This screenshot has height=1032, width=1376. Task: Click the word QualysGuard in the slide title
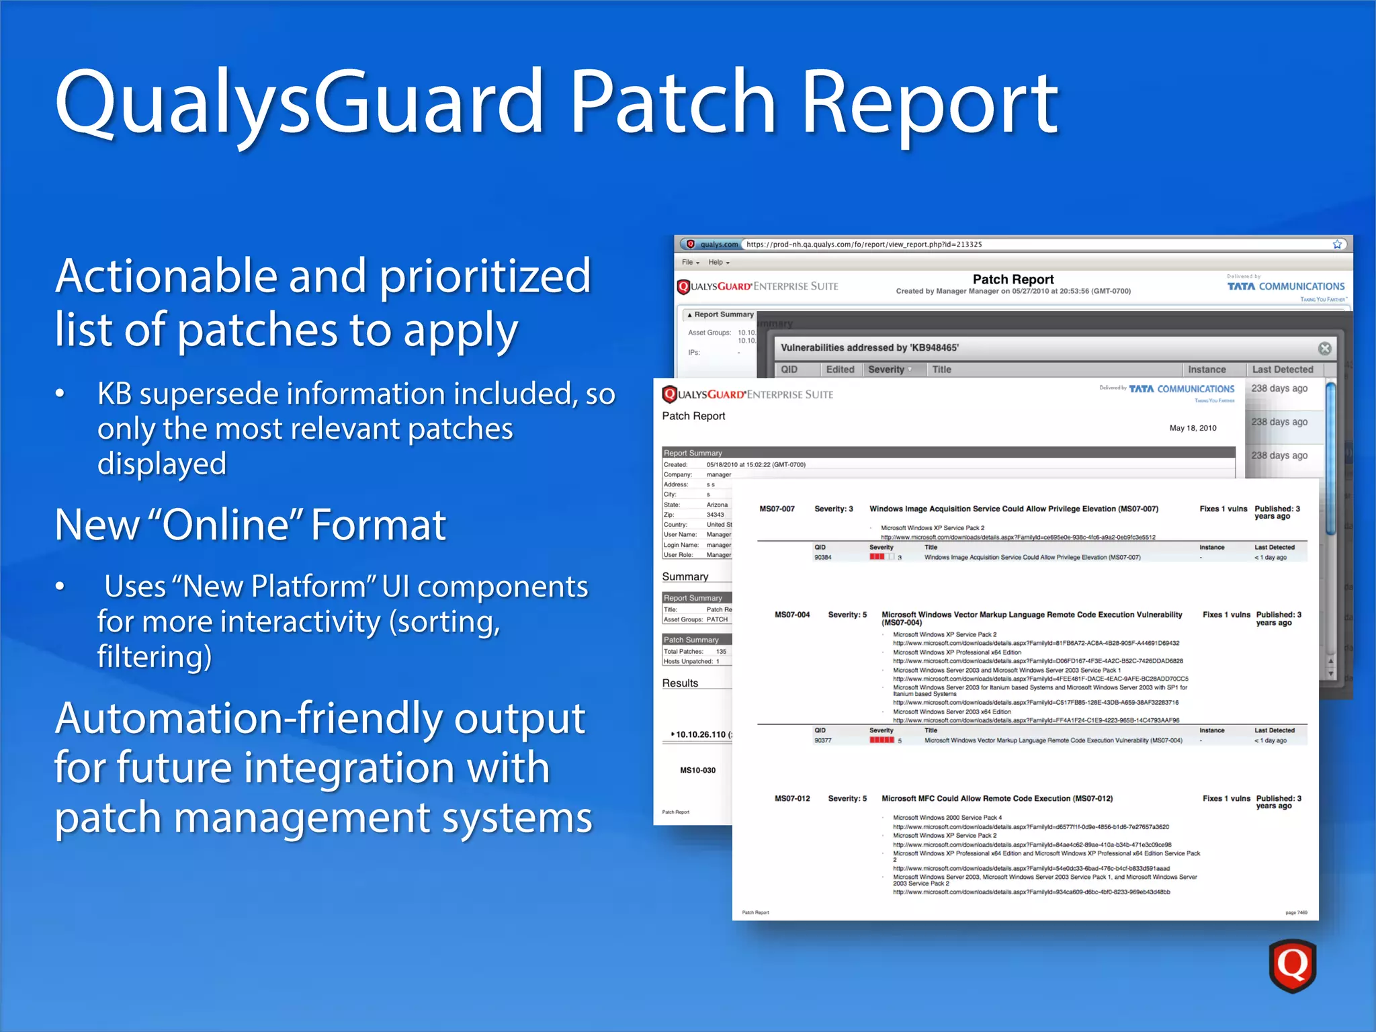click(299, 102)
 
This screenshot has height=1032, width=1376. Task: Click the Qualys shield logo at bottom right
click(1291, 965)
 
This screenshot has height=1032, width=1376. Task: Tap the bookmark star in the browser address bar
click(1337, 245)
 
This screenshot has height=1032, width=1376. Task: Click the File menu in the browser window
click(689, 263)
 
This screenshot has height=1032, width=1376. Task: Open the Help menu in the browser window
click(718, 263)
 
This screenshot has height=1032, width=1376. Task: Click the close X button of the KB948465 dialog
click(1324, 348)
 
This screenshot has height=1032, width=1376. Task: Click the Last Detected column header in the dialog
click(1282, 370)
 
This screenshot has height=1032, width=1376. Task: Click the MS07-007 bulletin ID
click(777, 509)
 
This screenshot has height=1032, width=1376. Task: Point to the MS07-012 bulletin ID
click(792, 799)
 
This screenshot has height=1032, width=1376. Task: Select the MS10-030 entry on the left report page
click(697, 771)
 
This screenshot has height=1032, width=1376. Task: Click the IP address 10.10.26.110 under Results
click(700, 734)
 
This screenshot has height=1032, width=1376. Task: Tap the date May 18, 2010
click(1193, 428)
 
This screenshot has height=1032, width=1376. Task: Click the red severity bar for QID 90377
click(881, 740)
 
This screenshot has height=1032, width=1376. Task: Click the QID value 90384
click(822, 558)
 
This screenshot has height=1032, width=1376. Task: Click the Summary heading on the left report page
click(685, 576)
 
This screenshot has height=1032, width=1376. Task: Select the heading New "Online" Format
click(250, 525)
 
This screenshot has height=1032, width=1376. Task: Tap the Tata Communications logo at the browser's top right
click(1285, 287)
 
